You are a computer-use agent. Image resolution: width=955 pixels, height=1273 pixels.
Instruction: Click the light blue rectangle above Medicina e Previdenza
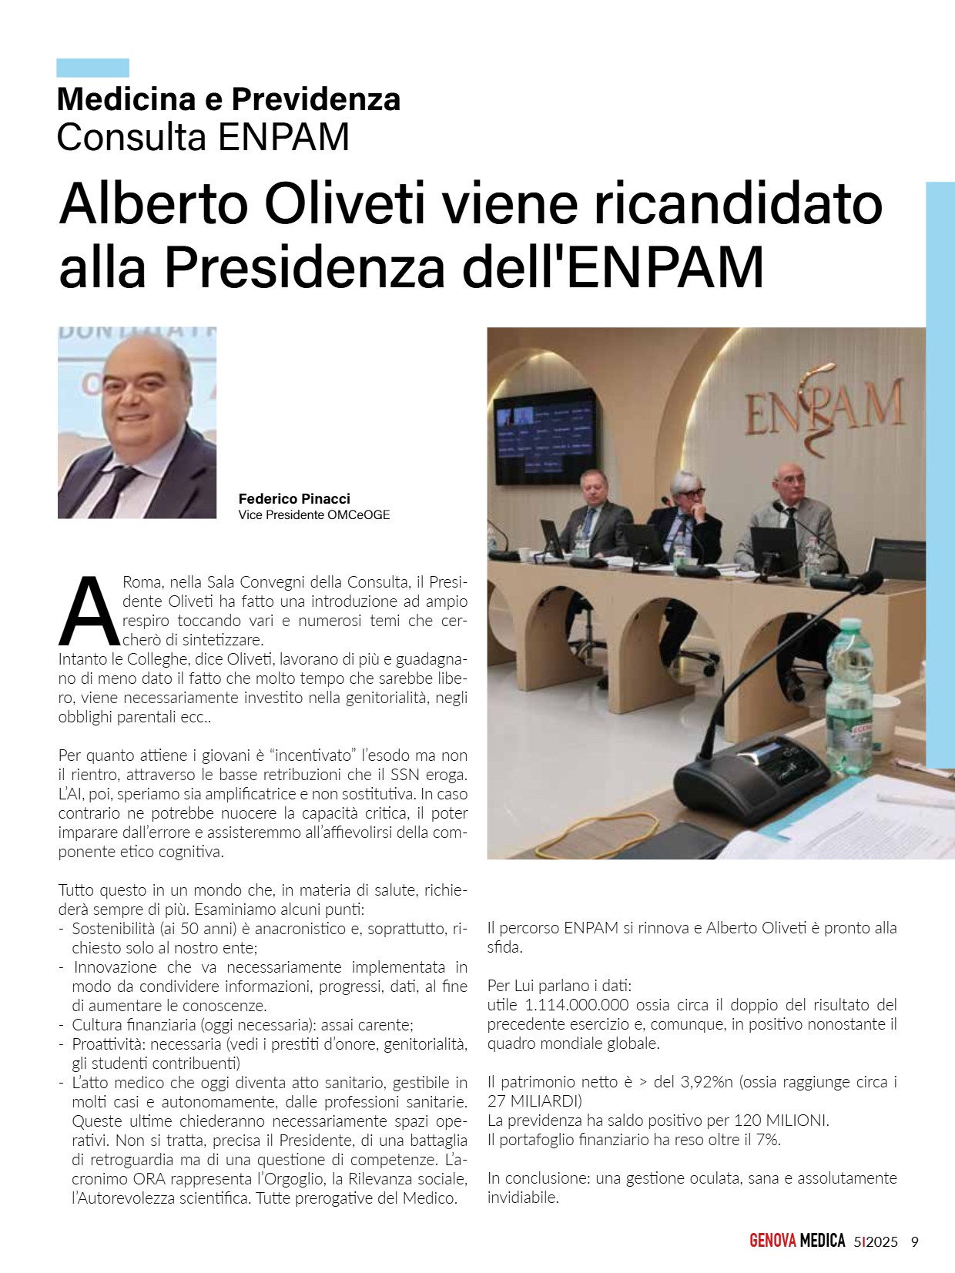[92, 68]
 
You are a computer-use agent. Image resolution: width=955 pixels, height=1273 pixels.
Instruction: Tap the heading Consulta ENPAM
[203, 137]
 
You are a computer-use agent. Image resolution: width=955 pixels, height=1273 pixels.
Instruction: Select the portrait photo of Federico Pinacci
[137, 423]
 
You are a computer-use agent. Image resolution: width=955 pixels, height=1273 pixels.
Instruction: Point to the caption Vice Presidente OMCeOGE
[313, 515]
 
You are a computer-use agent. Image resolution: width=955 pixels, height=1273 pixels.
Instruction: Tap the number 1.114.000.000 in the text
[576, 1005]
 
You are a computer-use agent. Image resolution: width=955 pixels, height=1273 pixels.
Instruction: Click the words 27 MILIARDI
[534, 1100]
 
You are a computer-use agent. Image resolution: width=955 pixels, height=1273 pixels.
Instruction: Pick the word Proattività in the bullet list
[107, 1044]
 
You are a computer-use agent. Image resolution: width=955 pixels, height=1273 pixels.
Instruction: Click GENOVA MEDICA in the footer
[796, 1241]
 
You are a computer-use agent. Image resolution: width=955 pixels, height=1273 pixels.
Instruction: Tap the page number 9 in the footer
[914, 1241]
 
